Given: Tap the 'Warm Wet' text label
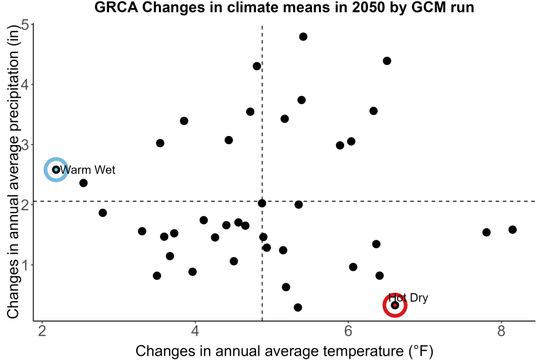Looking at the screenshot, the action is coord(87,169).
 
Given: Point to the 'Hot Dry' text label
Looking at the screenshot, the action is coord(408,298).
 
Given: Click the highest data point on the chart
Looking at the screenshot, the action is coord(303,37).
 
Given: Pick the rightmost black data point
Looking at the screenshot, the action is coord(512,229).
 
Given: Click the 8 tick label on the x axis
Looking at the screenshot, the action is coord(501,331).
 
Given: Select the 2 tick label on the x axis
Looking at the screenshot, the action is coord(42,331).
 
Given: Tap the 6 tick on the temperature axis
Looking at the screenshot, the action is coord(348,331).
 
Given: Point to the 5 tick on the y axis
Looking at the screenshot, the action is coord(25,25).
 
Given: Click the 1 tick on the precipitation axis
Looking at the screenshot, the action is coord(25,265).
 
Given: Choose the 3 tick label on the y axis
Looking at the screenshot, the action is coord(25,145).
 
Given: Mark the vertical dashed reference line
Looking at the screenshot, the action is coord(262,173).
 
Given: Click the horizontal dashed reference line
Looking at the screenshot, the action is coord(285,201).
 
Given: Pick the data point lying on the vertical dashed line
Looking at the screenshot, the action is coord(262,203).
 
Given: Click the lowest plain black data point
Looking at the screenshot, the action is coord(298,307).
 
